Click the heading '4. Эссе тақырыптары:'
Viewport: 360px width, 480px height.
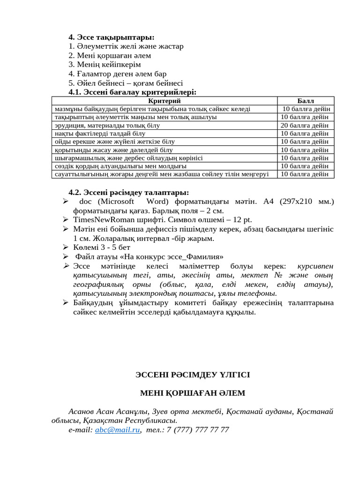[x=111, y=37]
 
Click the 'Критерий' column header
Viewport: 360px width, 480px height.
[x=164, y=101]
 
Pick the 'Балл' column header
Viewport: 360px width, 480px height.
[x=306, y=101]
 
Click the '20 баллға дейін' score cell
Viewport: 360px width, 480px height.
[x=305, y=125]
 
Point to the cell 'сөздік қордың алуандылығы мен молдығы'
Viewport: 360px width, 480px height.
[x=120, y=166]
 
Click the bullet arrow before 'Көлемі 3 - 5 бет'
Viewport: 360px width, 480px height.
[x=66, y=247]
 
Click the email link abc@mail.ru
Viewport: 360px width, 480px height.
[x=117, y=429]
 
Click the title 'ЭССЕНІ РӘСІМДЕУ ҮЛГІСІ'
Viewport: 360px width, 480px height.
[x=193, y=375]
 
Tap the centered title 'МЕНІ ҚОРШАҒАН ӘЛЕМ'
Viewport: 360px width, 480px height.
[x=193, y=393]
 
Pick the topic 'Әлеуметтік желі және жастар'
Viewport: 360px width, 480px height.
[x=126, y=46]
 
